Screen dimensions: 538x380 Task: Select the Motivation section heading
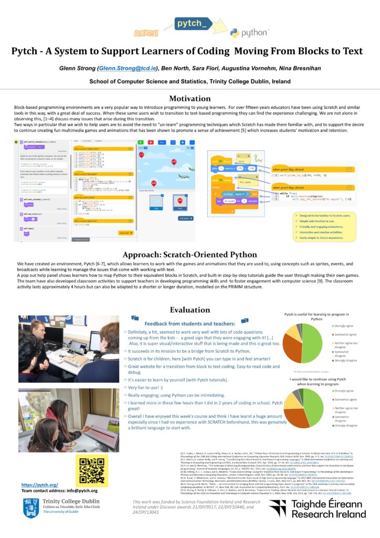(x=189, y=99)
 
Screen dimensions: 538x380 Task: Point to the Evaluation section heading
(x=189, y=309)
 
